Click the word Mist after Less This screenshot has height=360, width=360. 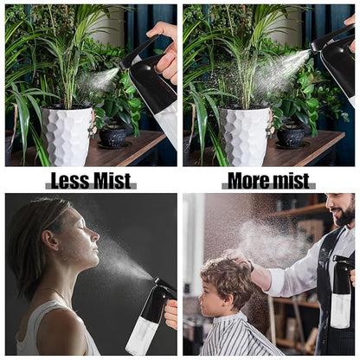[x=112, y=181]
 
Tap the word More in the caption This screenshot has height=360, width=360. [x=247, y=181]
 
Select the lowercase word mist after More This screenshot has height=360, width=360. [x=289, y=181]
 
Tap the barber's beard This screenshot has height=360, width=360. [x=345, y=214]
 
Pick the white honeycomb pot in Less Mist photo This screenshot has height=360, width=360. [x=67, y=136]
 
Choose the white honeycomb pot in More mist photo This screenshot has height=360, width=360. [x=245, y=136]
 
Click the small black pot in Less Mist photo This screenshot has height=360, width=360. [x=112, y=136]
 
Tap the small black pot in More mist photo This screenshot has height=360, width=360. [x=291, y=136]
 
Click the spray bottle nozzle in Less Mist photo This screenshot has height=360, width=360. [x=121, y=67]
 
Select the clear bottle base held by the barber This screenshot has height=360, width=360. [x=341, y=311]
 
